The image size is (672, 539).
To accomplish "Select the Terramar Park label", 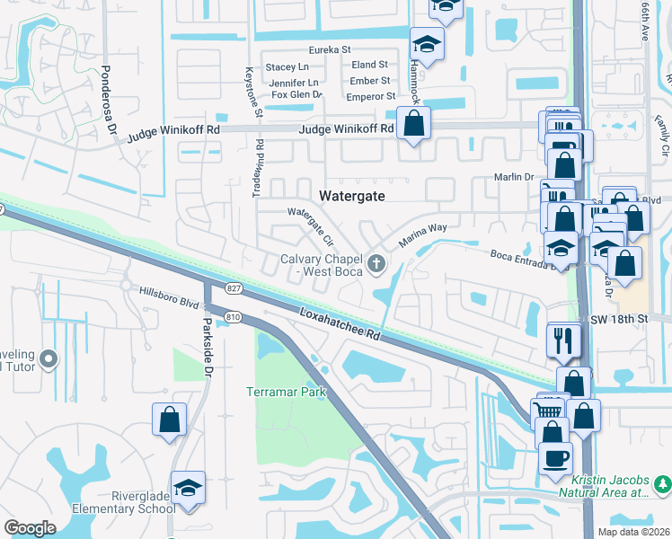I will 286,393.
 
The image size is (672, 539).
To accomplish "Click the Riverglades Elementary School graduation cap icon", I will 188,488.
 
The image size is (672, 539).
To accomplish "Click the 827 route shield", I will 234,287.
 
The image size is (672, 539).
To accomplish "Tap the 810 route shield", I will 234,316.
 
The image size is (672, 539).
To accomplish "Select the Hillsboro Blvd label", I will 169,297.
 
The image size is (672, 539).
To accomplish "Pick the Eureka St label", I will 329,51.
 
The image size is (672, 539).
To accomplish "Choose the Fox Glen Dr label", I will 296,94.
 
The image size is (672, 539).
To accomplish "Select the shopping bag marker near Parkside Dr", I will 169,420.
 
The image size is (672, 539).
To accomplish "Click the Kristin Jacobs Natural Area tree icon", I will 662,484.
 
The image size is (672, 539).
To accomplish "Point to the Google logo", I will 30,528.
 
